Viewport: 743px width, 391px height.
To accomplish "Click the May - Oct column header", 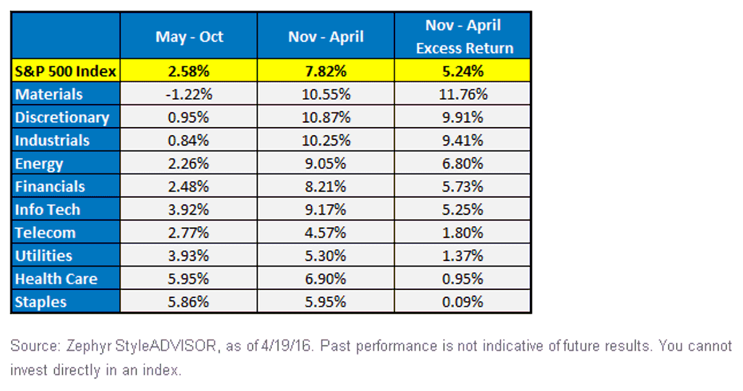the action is tap(189, 37).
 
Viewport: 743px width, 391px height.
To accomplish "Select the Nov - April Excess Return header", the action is tap(464, 37).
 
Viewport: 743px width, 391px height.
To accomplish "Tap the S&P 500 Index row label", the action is tap(66, 71).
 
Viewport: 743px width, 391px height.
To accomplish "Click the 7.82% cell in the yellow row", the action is tap(326, 71).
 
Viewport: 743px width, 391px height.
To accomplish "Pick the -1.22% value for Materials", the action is tap(189, 94).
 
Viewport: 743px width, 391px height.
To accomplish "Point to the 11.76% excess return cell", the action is tap(463, 94).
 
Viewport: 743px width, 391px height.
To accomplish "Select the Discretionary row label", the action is tap(62, 118).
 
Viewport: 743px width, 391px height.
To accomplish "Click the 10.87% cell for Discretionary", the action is tap(326, 117).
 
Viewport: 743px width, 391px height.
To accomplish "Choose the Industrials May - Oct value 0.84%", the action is tap(188, 141).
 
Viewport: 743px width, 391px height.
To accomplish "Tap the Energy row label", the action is tap(39, 164).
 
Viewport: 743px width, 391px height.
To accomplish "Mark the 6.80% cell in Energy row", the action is tap(463, 164).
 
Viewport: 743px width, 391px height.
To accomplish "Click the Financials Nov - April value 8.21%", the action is tap(326, 187).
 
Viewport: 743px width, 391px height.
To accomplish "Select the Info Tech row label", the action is tap(48, 210).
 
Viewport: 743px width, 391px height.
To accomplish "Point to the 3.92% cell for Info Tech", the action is tap(188, 209).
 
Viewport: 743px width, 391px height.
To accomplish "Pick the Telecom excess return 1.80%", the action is tap(463, 232).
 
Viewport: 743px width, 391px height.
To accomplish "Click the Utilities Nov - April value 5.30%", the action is tap(326, 255).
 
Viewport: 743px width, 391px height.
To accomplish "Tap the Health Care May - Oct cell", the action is tap(188, 279).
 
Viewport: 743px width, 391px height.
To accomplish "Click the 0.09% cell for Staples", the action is tap(463, 302).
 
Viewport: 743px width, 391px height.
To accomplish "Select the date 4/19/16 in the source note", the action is tap(286, 346).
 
